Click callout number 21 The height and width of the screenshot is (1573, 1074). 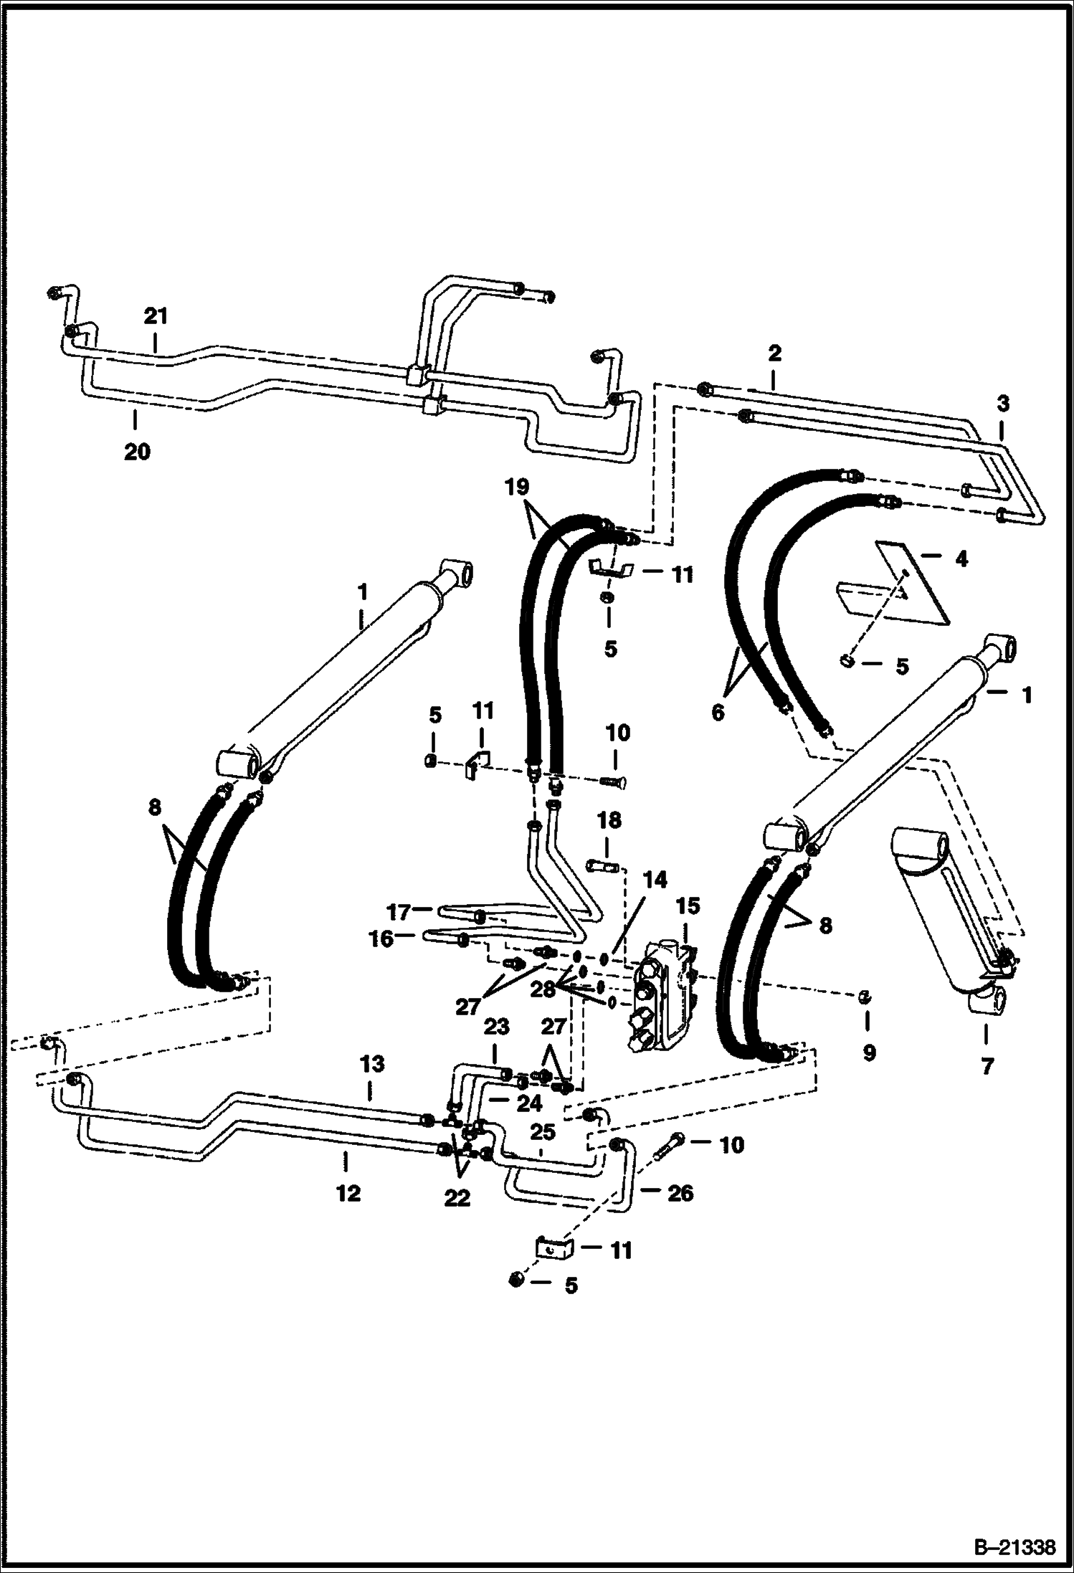[156, 315]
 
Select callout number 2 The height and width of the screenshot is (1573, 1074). [774, 353]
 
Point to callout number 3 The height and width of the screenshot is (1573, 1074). [1002, 404]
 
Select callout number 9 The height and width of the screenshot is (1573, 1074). [869, 1052]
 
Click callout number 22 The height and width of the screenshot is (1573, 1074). [457, 1198]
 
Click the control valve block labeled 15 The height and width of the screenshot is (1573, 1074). [666, 997]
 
